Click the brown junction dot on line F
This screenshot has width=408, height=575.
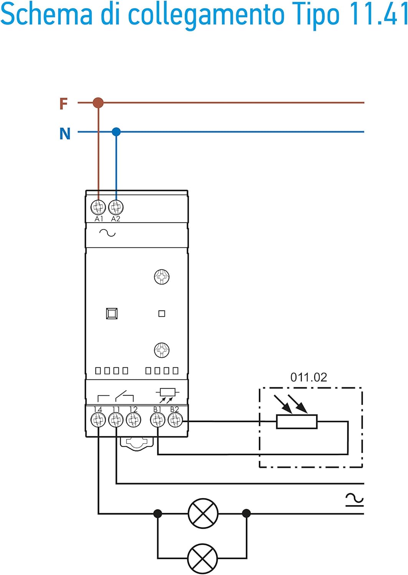(x=98, y=103)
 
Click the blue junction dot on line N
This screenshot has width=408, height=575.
(x=116, y=132)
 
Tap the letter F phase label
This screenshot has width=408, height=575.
(x=63, y=103)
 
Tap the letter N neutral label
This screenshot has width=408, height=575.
(x=65, y=134)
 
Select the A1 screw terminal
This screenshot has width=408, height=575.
(x=98, y=207)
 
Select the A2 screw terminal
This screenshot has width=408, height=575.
(x=116, y=207)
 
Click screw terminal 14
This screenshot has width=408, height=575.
(x=98, y=420)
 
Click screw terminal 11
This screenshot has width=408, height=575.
(x=116, y=420)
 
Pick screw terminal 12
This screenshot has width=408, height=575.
(x=134, y=420)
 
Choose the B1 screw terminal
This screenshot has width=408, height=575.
(x=157, y=420)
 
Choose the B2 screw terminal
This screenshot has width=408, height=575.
(x=175, y=420)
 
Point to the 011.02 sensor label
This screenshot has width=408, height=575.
(x=309, y=378)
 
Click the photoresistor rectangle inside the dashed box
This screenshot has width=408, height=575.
(x=297, y=422)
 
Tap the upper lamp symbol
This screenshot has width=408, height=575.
(x=203, y=513)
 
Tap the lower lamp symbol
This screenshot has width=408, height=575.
(x=203, y=558)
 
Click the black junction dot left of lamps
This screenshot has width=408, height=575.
(x=157, y=513)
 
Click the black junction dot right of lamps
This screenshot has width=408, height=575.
(x=246, y=513)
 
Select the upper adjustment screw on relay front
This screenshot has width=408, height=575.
(x=162, y=277)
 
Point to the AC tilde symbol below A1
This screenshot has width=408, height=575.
(x=107, y=233)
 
